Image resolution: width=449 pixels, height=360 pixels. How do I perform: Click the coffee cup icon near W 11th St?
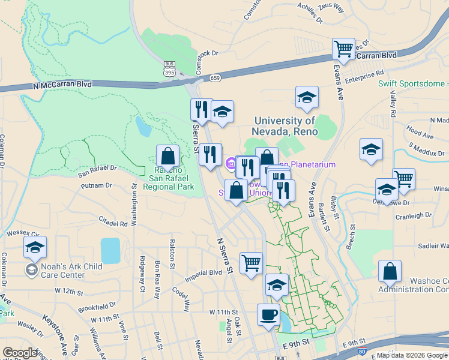268,314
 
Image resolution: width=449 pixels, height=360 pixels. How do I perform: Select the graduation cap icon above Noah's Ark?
35,247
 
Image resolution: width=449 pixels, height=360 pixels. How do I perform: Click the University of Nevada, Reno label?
285,127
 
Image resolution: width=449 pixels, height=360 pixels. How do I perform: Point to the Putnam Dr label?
96,185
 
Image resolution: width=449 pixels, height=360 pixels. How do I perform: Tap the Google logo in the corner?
19,353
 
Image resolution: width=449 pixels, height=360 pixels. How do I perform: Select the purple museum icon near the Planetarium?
231,163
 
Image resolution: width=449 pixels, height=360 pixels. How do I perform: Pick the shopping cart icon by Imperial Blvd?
251,263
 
